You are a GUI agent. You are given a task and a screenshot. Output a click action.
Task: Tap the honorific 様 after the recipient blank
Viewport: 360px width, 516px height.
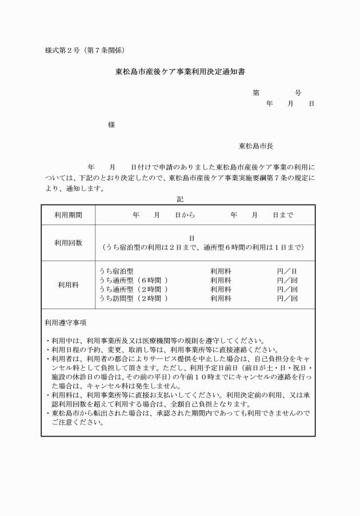click(111, 125)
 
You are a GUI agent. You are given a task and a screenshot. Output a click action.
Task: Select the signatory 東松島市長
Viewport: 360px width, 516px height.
click(256, 146)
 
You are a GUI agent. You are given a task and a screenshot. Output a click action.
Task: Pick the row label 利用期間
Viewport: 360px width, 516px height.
click(68, 215)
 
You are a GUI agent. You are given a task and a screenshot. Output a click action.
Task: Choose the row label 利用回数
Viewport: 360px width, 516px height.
click(68, 243)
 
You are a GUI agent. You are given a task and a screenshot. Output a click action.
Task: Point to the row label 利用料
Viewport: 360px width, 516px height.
click(68, 285)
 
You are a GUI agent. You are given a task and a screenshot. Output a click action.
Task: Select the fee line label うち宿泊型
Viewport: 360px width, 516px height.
click(116, 271)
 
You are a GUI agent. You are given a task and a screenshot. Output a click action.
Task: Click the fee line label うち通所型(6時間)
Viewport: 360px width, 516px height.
click(133, 281)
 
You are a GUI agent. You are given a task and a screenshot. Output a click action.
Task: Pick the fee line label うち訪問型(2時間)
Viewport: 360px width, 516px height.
click(133, 298)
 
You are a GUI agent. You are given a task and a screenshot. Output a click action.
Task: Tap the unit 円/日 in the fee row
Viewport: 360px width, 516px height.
click(287, 271)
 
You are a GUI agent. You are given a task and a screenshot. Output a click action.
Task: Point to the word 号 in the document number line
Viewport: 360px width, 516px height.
click(298, 93)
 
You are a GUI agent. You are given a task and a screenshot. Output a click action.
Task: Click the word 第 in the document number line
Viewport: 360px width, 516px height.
click(256, 93)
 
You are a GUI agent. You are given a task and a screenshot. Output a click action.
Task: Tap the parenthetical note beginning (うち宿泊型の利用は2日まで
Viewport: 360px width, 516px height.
click(203, 248)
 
